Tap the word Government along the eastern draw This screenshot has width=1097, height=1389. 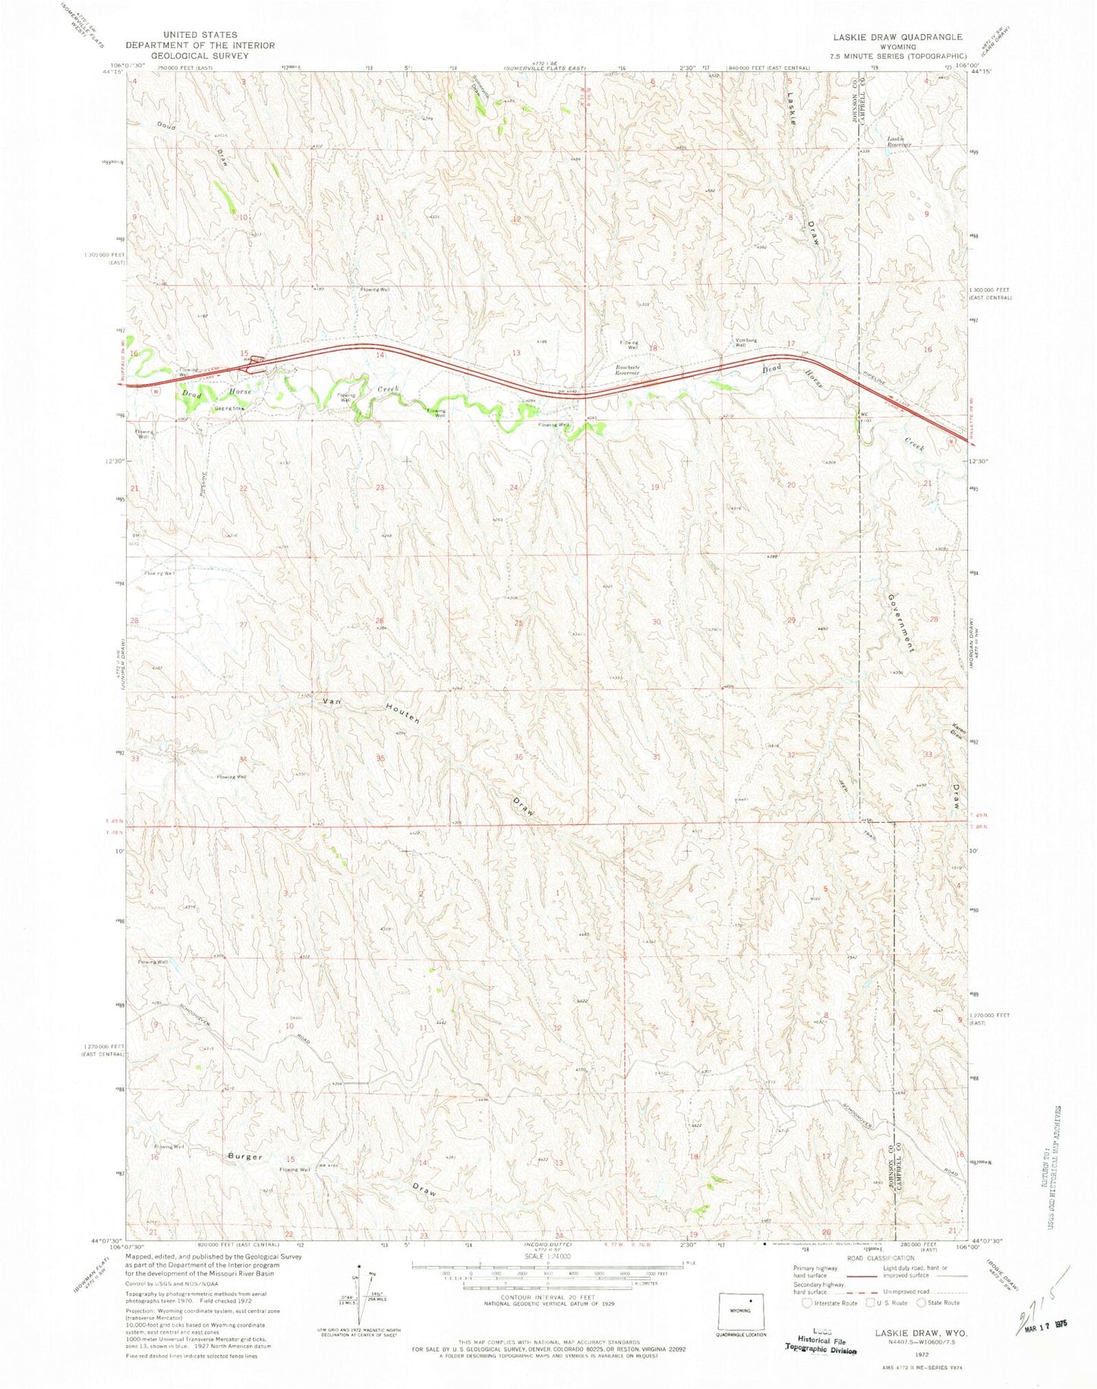[900, 622]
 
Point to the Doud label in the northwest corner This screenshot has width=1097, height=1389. [165, 126]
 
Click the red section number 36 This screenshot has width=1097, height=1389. [519, 757]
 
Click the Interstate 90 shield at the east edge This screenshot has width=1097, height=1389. [952, 440]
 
